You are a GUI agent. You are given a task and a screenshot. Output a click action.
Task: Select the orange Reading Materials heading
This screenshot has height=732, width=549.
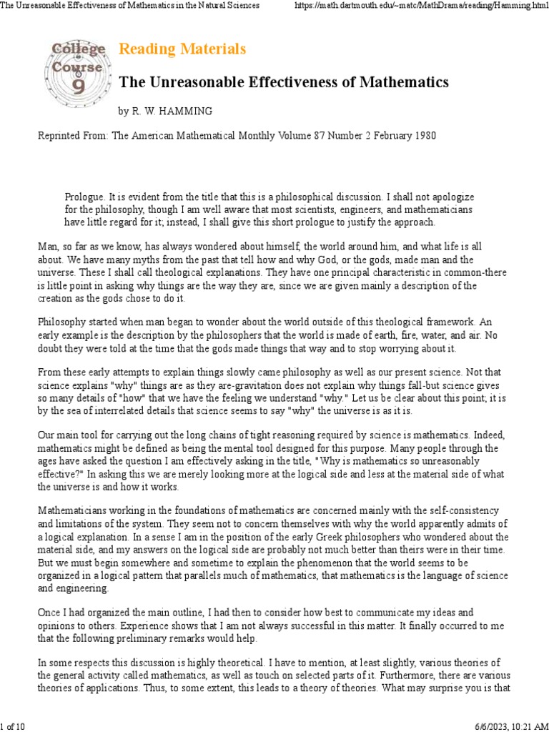(182, 49)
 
